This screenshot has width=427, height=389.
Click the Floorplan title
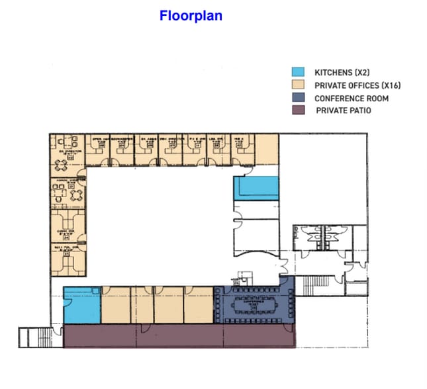(x=191, y=15)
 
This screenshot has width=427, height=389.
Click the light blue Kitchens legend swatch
(x=299, y=72)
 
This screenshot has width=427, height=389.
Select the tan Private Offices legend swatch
(x=299, y=85)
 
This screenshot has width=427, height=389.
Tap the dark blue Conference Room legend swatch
(x=299, y=98)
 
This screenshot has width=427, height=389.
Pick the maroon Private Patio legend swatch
(x=299, y=110)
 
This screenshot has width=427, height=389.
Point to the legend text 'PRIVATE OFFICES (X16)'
(x=358, y=85)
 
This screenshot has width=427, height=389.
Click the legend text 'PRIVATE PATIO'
(x=344, y=110)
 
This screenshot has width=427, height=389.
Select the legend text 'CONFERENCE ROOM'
(x=352, y=98)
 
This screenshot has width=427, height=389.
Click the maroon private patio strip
(x=179, y=336)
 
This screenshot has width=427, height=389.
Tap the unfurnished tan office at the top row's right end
(x=266, y=150)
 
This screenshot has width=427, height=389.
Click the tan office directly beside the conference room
(x=199, y=306)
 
